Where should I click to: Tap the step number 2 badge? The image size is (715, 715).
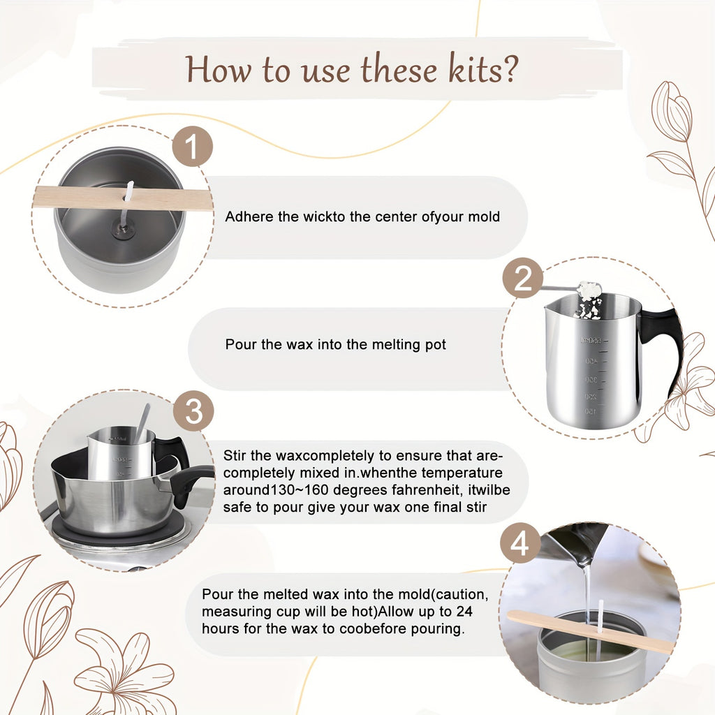[523, 279]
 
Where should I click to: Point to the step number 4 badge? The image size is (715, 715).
[520, 544]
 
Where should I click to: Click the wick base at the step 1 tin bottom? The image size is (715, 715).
[124, 233]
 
